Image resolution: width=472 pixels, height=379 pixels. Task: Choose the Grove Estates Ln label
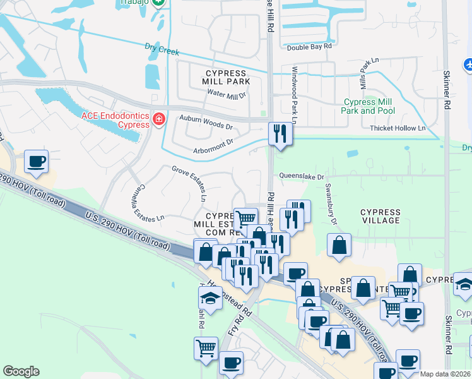click(x=190, y=180)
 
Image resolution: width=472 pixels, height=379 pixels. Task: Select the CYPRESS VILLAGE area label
click(x=381, y=216)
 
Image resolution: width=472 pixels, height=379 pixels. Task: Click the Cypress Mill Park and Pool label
click(x=368, y=106)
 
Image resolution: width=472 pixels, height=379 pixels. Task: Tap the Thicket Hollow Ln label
click(x=398, y=128)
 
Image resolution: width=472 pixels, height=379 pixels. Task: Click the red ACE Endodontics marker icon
click(x=158, y=118)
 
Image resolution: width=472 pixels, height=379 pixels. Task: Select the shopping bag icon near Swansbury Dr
click(x=339, y=245)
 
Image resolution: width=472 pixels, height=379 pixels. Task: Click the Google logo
click(x=21, y=371)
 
